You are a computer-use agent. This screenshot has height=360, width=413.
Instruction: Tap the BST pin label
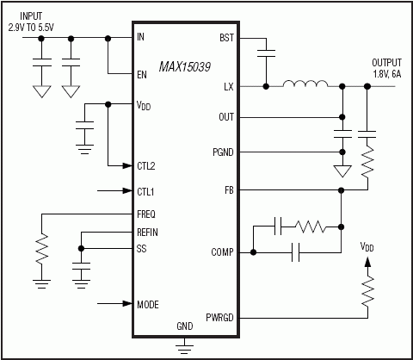226,39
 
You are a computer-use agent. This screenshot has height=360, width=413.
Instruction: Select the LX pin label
228,86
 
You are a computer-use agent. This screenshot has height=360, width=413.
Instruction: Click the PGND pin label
221,152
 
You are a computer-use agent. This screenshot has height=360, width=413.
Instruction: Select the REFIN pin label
148,233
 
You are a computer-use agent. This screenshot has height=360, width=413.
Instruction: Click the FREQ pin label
146,213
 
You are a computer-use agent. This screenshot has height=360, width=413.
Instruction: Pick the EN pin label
141,74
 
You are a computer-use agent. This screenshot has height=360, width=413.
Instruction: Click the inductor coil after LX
306,85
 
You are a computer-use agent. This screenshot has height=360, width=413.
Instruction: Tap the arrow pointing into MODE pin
116,303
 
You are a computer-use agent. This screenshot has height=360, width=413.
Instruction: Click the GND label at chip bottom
183,327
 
